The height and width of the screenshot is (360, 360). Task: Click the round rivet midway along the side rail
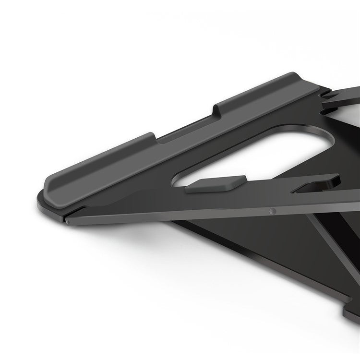pyautogui.click(x=273, y=210)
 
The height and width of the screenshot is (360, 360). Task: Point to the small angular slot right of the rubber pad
pyautogui.click(x=312, y=184)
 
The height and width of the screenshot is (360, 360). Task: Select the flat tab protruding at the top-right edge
pyautogui.click(x=343, y=96)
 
